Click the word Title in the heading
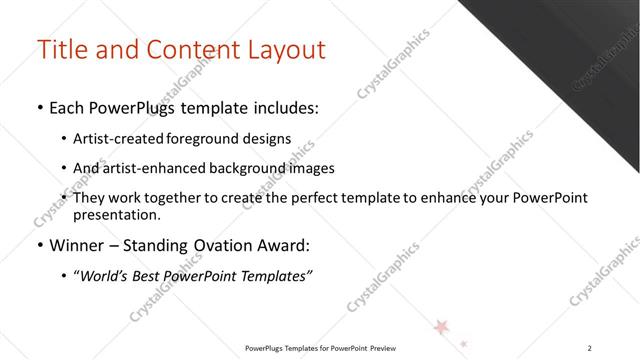tap(61, 49)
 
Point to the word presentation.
tap(119, 214)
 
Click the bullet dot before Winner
tap(39, 244)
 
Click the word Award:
tap(287, 244)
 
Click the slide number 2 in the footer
tap(591, 348)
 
